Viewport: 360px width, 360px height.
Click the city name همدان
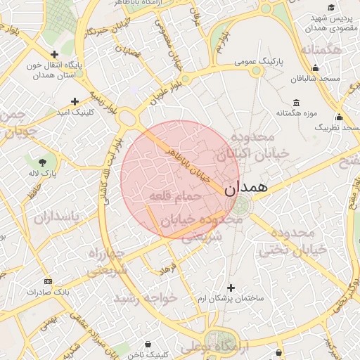click(x=245, y=188)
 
